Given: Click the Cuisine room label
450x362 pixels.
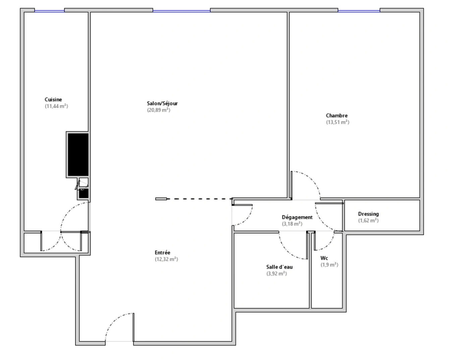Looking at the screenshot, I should (53, 100).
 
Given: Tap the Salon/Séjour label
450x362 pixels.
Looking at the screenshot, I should (162, 104).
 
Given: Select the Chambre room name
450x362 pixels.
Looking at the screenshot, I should (337, 116).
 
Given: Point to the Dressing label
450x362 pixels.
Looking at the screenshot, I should (368, 214).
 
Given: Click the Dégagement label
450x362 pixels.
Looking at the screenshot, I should (297, 217).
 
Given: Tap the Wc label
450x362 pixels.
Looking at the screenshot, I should (324, 258).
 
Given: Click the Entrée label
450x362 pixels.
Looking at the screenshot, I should (162, 253).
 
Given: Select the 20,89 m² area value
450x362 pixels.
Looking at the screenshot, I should (159, 110).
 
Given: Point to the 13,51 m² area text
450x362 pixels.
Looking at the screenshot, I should (337, 122).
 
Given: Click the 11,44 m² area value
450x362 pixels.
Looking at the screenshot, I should (56, 106).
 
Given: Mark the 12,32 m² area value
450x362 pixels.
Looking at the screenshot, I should (166, 259).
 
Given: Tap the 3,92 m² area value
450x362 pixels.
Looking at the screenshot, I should (277, 274).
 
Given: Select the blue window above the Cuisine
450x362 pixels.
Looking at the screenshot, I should (49, 11).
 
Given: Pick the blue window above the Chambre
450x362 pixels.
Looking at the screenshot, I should (359, 11).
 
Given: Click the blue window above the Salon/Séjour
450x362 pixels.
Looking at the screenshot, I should (181, 11).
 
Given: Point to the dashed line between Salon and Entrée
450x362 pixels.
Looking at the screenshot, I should (199, 199).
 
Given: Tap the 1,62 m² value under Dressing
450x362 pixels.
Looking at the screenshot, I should (368, 221).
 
